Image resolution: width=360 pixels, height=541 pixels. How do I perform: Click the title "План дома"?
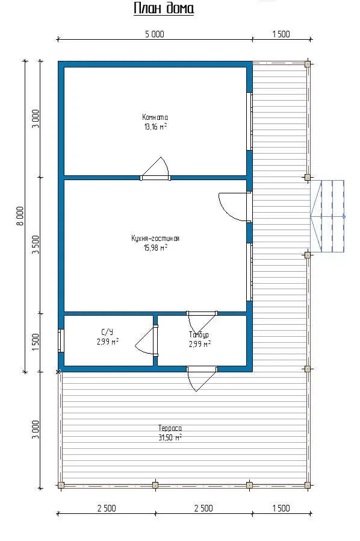(x=164, y=8)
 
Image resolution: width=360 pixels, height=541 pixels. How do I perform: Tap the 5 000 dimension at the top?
(x=155, y=34)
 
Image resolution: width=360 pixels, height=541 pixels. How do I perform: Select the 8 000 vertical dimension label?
(x=20, y=216)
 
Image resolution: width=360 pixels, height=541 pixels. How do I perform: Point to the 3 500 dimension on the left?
(x=36, y=245)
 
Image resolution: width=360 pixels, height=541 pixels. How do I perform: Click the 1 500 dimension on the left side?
(x=36, y=342)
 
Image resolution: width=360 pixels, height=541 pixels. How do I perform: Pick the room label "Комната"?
(x=155, y=117)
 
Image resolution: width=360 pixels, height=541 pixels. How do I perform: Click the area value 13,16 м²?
(x=155, y=127)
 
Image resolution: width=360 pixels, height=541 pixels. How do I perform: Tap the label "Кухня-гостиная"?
(x=155, y=239)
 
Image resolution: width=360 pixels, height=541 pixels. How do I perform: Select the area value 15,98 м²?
(x=155, y=248)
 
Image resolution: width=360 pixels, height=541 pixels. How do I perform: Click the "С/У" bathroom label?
(x=107, y=333)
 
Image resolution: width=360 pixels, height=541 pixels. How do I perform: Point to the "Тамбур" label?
(x=199, y=335)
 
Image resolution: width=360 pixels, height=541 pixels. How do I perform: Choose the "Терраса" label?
(x=170, y=428)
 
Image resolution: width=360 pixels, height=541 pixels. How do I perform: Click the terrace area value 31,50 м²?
(x=170, y=437)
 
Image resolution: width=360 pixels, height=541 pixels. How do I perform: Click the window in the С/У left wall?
(x=61, y=341)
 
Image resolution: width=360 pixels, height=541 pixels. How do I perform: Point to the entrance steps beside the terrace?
(x=327, y=216)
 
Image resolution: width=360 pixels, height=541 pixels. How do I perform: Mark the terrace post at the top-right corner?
(x=308, y=64)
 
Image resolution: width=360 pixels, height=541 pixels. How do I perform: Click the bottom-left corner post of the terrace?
(x=61, y=485)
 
